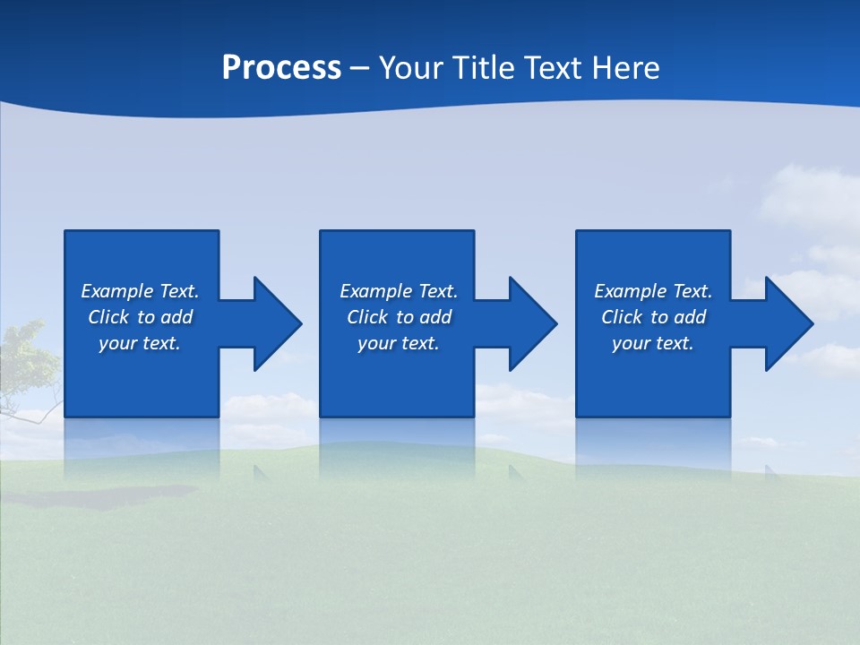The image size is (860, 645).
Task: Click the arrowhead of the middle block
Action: click(533, 323)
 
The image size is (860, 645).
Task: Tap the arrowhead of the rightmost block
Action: click(789, 323)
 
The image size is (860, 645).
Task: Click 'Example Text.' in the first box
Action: click(140, 291)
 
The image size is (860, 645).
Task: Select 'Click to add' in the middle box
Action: click(399, 317)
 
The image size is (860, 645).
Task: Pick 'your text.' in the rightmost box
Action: click(652, 343)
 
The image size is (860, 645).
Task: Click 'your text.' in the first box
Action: click(140, 343)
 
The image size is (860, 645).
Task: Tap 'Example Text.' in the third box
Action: click(653, 291)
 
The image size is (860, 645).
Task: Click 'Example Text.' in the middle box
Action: click(399, 291)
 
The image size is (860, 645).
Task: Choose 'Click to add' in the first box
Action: click(140, 317)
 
